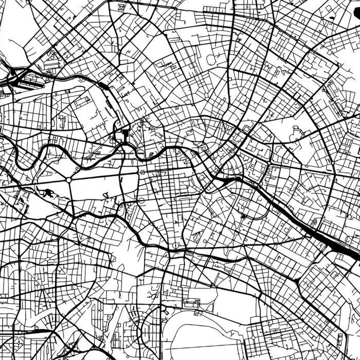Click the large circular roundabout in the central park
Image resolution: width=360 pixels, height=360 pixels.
[x=68, y=181]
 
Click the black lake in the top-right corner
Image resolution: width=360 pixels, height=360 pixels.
[x=353, y=6]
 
